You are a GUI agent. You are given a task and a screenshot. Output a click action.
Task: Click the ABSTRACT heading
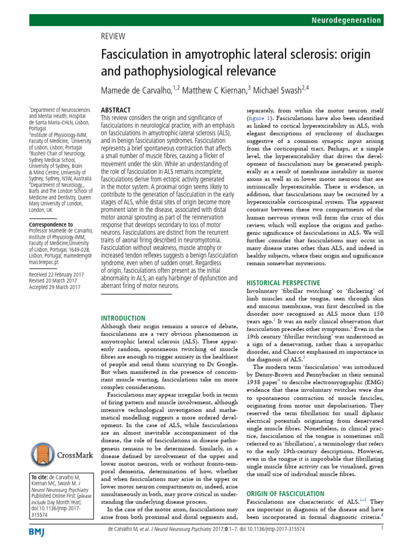(x=116, y=109)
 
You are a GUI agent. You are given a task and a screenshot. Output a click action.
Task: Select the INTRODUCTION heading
(x=124, y=318)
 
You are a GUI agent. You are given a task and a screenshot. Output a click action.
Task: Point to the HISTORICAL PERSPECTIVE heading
(x=283, y=282)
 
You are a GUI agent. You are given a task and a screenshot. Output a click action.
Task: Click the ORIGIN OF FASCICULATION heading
(x=285, y=493)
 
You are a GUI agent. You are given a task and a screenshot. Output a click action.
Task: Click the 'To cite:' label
(x=39, y=477)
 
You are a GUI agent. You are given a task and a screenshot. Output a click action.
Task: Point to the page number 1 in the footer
(x=381, y=543)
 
